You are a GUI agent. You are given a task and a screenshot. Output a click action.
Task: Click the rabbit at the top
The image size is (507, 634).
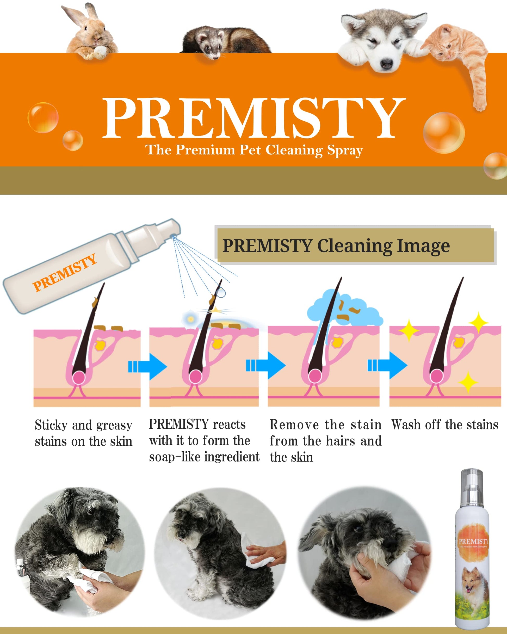90,32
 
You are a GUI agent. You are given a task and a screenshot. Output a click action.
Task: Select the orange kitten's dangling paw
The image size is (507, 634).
480,103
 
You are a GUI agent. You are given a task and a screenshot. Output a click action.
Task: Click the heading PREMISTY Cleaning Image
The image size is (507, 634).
336,246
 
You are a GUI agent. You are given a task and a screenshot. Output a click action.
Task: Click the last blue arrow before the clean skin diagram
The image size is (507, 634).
388,366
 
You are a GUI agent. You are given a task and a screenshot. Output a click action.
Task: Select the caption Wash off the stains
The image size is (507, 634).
445,425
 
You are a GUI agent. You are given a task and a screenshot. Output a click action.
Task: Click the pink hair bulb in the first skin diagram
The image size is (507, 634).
79,377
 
